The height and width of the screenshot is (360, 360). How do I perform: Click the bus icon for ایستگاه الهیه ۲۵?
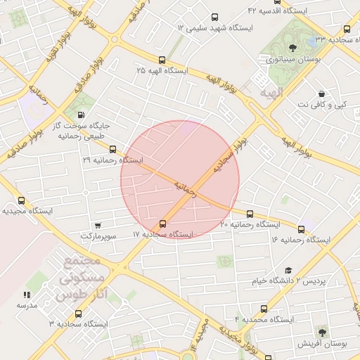coord(162,60)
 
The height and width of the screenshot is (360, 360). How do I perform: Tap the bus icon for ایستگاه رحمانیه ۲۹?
coord(113,149)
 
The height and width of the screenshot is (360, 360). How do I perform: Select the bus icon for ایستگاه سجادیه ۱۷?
coord(164,224)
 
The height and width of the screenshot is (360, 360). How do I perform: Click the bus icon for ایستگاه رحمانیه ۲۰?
coord(250,214)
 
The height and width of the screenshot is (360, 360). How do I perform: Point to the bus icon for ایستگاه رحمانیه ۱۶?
coord(302,229)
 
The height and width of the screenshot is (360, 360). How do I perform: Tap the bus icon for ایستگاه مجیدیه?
coord(20,200)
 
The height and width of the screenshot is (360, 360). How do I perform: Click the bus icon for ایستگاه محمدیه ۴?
coord(264,309)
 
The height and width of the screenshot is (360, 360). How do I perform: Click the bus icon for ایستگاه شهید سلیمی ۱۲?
coord(214,17)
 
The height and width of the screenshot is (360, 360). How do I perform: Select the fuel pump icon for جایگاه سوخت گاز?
coord(82,115)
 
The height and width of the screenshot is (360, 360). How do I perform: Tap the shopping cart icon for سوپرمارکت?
coord(96,226)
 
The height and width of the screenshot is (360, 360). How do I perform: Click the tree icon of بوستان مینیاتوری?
coord(292,49)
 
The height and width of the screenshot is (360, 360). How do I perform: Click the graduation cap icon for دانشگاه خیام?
coord(288,271)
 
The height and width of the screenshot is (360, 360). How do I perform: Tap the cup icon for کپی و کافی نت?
coord(321,94)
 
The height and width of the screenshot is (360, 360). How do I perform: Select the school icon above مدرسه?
coord(27,295)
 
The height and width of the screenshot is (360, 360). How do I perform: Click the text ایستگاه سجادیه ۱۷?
coord(163,234)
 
